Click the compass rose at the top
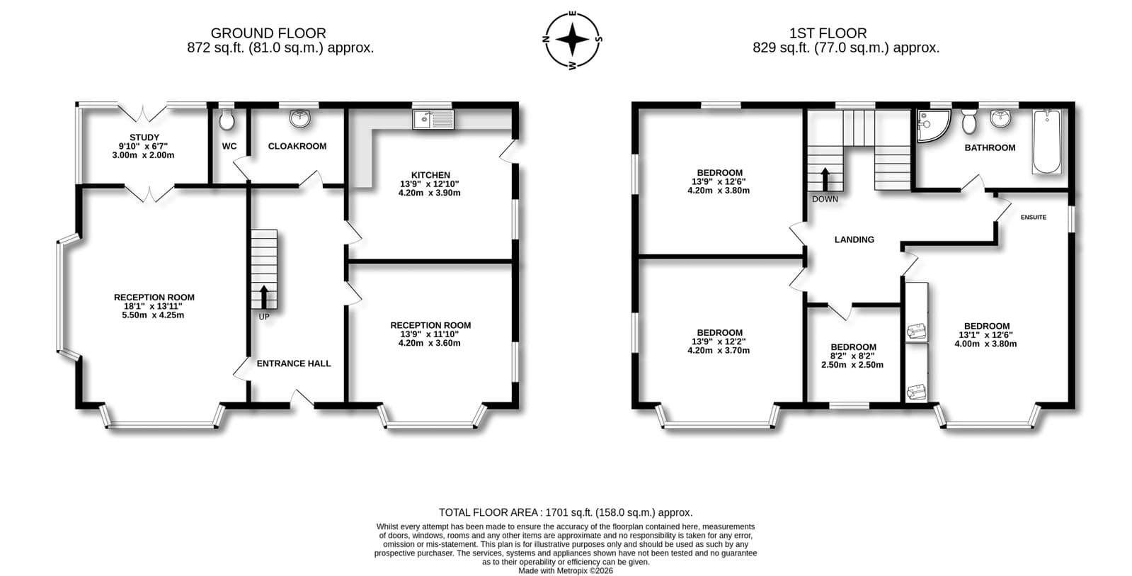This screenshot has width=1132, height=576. click(573, 40)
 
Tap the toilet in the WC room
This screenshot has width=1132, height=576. click(227, 119)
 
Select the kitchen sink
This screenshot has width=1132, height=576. click(433, 119)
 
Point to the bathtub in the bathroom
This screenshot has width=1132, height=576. click(1046, 142)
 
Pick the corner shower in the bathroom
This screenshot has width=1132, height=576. click(932, 125)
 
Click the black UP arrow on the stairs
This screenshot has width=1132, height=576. click(264, 297)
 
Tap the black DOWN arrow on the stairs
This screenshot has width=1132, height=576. click(825, 179)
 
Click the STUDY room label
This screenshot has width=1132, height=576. click(144, 137)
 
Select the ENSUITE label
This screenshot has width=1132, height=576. click(1034, 218)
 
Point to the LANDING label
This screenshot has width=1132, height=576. click(854, 239)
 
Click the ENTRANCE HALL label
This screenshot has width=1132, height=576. click(294, 363)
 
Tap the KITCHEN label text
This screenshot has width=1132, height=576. click(430, 175)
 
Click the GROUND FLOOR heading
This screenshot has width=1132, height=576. click(268, 33)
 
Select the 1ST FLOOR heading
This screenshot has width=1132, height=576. click(828, 33)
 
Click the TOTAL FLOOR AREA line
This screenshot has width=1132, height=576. click(566, 512)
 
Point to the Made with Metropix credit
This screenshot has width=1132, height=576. click(566, 571)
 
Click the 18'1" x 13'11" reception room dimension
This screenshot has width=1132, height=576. click(153, 307)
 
